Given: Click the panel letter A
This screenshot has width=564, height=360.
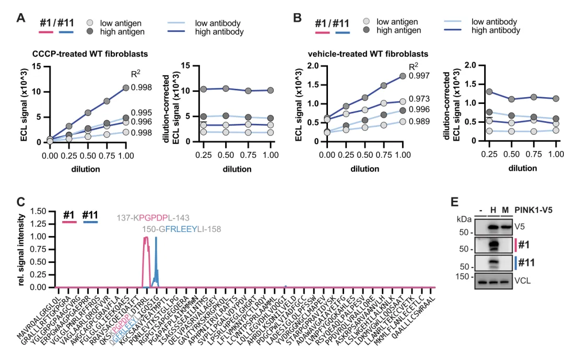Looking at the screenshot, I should pos(21,18).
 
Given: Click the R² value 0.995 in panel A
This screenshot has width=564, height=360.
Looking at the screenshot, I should pos(142,112).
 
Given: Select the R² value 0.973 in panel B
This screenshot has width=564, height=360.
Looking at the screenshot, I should pos(419,99).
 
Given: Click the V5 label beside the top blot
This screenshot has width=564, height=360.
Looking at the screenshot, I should pos(520,227).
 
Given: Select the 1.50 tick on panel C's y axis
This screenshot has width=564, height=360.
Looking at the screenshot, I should pos(40,212).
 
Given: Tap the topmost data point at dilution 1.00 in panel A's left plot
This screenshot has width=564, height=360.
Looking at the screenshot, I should pos(126,88).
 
